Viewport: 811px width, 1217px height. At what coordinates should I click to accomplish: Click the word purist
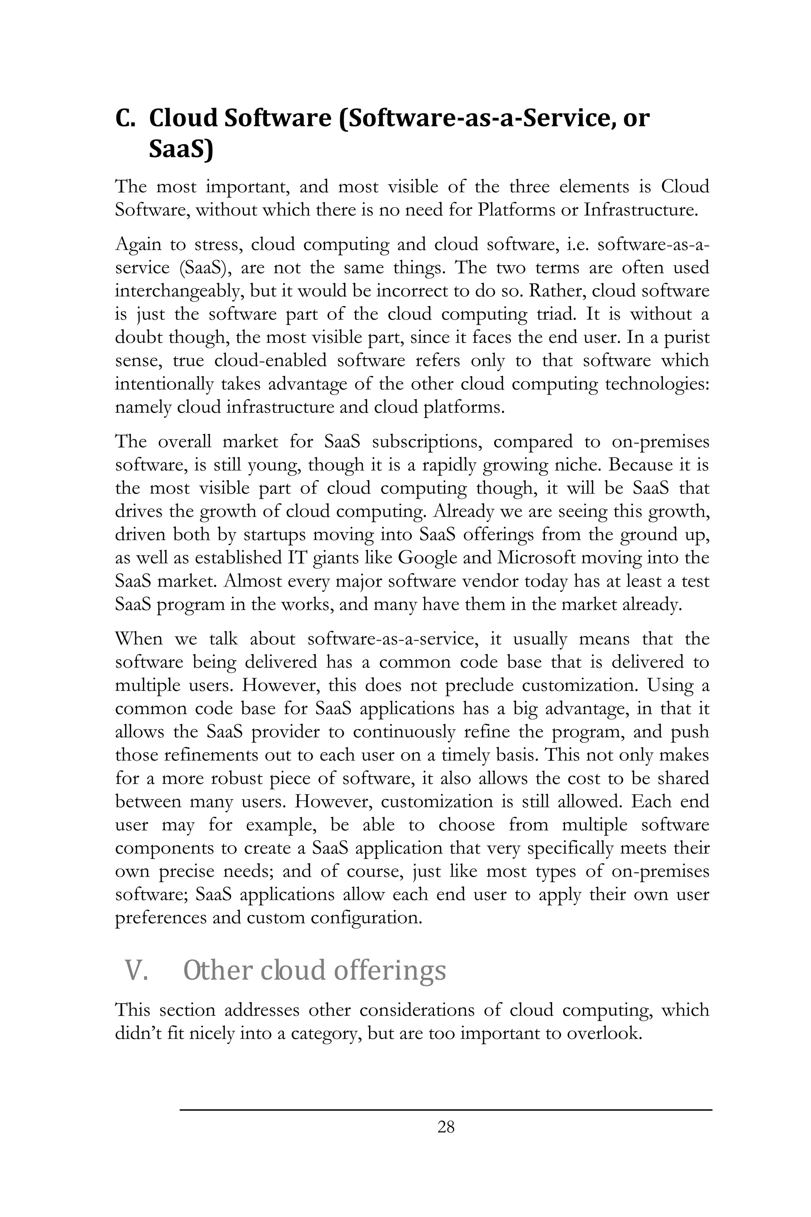click(686, 338)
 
